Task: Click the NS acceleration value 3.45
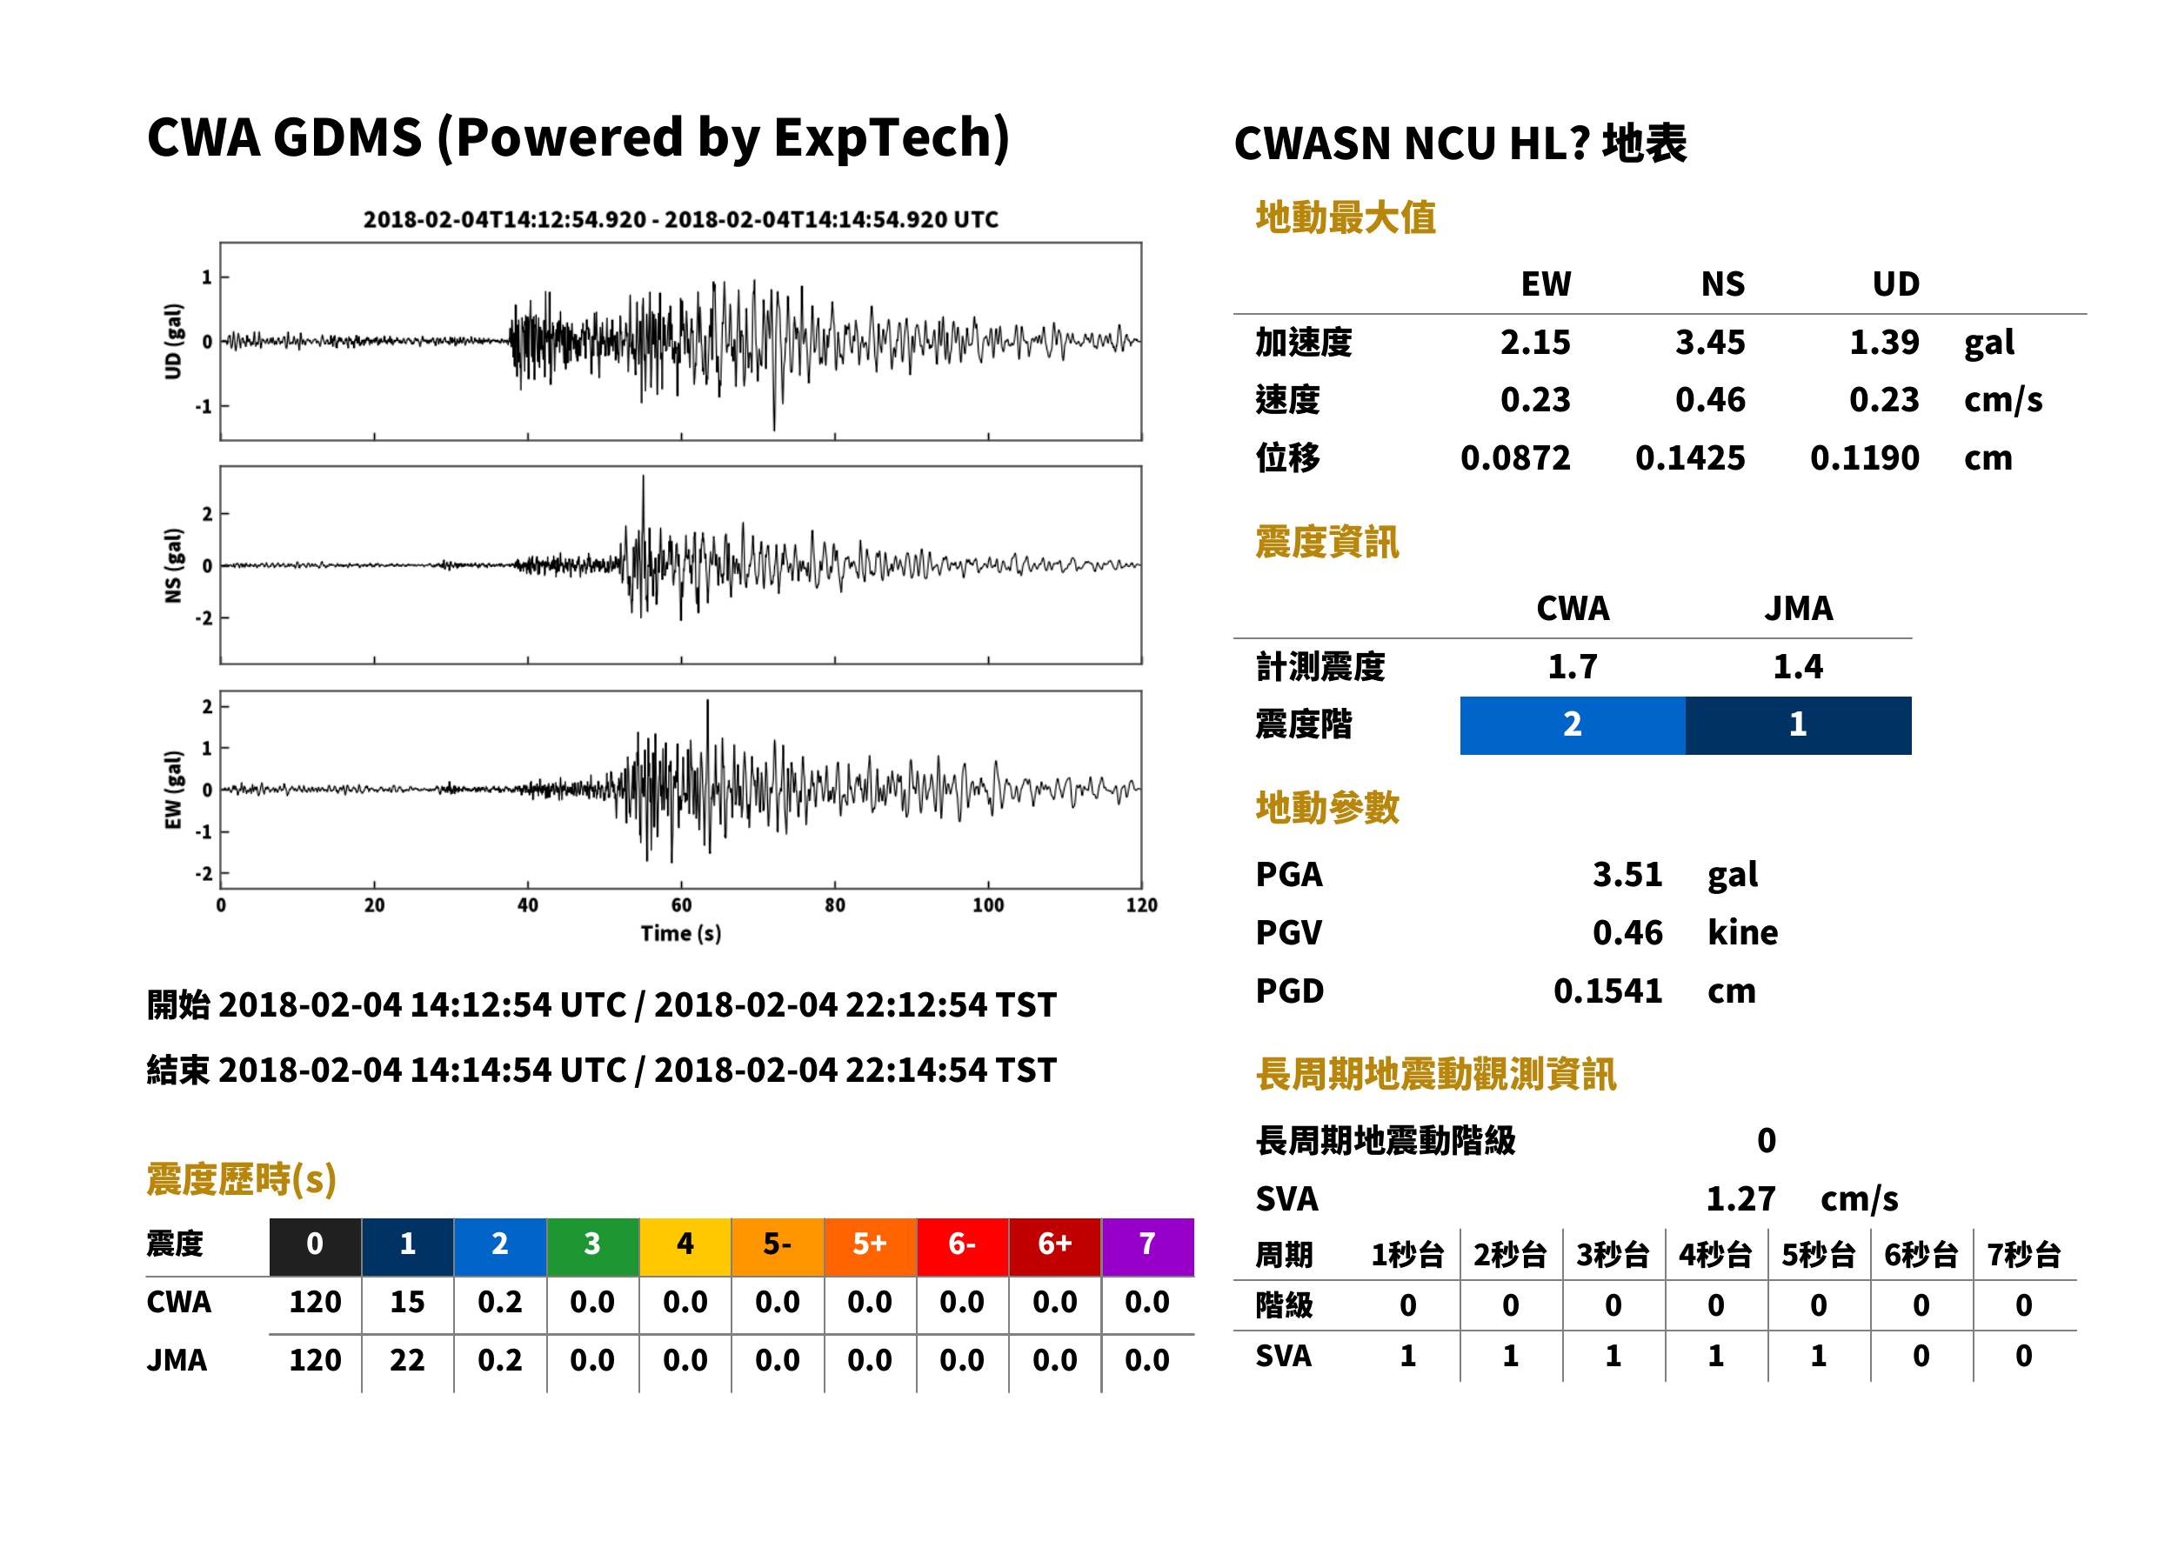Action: pos(1709,343)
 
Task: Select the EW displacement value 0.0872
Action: pos(1514,458)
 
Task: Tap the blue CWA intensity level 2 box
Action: pos(1573,725)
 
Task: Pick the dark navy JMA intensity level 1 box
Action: pos(1799,725)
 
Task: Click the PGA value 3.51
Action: pos(1627,874)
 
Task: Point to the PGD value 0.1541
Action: pos(1607,991)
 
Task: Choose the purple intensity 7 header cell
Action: pos(1147,1245)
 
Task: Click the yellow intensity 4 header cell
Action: pos(685,1245)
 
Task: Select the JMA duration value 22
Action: pos(407,1360)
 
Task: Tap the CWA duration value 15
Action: pos(407,1302)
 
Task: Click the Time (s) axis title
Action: pos(680,934)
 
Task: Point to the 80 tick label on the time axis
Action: pos(834,905)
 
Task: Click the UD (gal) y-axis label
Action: pos(173,342)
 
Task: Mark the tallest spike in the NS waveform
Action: pos(643,477)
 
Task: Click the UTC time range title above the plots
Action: pos(680,220)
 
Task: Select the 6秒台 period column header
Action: pos(1921,1256)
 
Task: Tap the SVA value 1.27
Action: pos(1740,1199)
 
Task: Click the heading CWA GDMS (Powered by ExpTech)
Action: pos(578,138)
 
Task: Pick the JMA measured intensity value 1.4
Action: pos(1799,667)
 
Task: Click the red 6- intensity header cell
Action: pos(962,1245)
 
